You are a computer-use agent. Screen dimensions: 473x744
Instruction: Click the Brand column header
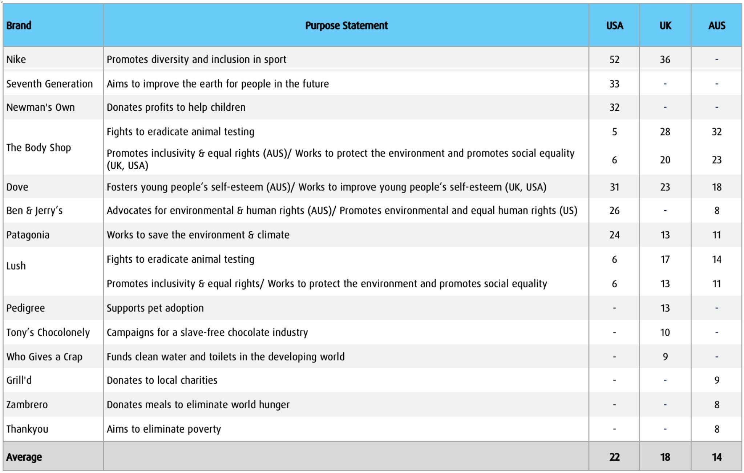point(19,25)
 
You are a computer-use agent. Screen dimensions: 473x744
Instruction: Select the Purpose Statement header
point(346,25)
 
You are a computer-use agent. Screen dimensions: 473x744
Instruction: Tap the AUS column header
point(716,25)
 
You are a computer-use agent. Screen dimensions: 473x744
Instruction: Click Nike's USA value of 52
point(614,60)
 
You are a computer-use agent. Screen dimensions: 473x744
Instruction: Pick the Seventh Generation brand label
point(49,84)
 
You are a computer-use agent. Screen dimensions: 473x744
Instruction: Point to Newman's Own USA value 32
point(614,108)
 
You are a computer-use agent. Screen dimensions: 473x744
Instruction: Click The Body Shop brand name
point(39,147)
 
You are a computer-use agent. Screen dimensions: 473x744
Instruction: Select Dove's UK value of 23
point(665,187)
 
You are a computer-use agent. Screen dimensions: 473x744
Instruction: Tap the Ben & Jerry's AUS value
point(716,211)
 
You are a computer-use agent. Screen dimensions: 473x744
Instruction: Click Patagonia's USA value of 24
point(614,235)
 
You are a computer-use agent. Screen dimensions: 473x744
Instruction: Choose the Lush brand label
point(16,266)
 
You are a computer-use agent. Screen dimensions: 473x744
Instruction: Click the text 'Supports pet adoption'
point(155,308)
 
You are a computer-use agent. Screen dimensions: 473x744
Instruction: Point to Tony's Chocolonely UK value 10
point(665,332)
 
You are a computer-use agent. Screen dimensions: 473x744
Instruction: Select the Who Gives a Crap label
point(44,357)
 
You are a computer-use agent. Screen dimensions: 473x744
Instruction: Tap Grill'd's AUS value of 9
point(716,380)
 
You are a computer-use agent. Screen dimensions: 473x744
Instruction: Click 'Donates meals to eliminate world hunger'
point(198,405)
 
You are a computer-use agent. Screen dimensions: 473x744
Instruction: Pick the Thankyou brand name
point(27,429)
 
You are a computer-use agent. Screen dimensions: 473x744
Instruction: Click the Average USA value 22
point(614,457)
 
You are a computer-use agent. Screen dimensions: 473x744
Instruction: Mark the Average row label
point(24,457)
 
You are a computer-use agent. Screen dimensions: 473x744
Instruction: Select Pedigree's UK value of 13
point(665,308)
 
